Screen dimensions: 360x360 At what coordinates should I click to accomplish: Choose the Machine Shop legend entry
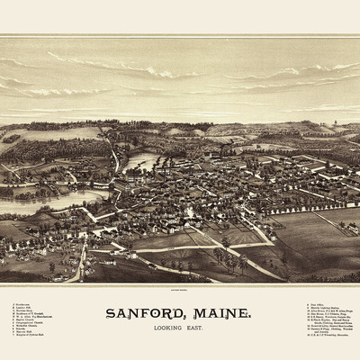click(x=22, y=312)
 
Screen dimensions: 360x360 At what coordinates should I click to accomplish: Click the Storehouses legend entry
click(x=22, y=305)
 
